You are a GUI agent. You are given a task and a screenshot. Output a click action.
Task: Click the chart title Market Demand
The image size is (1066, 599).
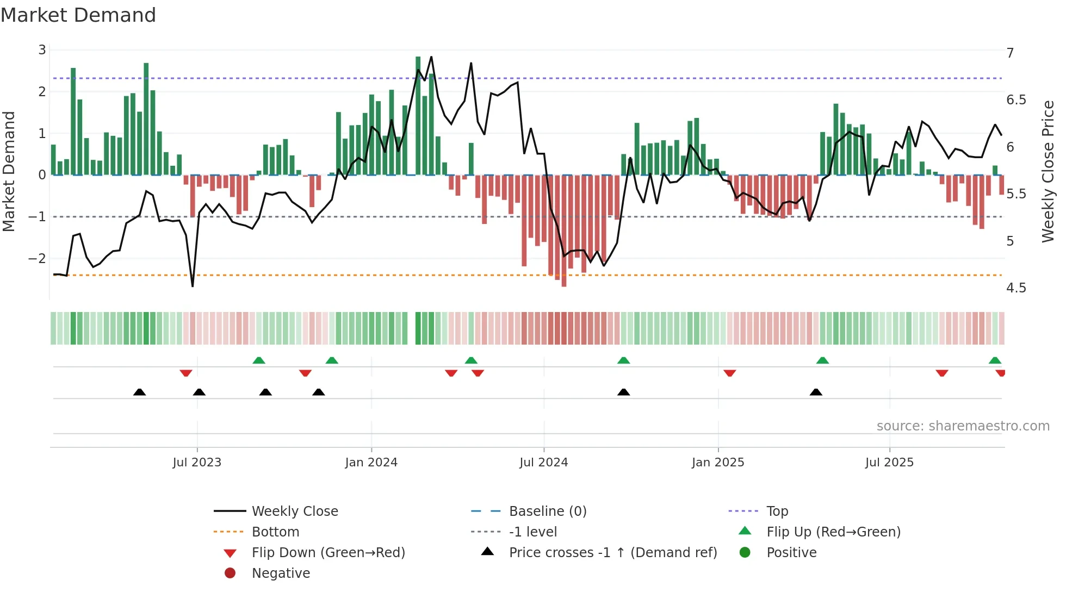pyautogui.click(x=78, y=15)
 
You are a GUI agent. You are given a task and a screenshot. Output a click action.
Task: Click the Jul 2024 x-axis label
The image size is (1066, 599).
pyautogui.click(x=543, y=463)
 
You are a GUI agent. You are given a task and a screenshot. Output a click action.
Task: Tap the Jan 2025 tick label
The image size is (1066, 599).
pyautogui.click(x=717, y=463)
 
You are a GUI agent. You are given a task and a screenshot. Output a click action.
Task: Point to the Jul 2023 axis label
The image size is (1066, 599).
pyautogui.click(x=197, y=463)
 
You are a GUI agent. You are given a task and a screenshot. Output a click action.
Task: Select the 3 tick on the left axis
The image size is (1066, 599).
pyautogui.click(x=42, y=50)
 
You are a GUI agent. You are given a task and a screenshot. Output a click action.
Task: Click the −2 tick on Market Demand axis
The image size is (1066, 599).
pyautogui.click(x=38, y=258)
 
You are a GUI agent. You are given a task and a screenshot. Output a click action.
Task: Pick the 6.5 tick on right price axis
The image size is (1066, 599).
pyautogui.click(x=1015, y=100)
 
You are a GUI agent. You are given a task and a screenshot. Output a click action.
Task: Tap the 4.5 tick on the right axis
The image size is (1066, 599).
pyautogui.click(x=1015, y=288)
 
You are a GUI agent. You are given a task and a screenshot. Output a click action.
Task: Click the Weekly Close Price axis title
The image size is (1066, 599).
pyautogui.click(x=1048, y=171)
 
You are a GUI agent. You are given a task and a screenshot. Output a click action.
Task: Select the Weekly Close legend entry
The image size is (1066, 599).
pyautogui.click(x=294, y=511)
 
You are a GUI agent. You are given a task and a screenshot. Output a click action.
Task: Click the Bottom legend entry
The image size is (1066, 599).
pyautogui.click(x=275, y=532)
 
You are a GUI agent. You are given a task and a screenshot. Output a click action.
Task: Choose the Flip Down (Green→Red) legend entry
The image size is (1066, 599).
pyautogui.click(x=328, y=552)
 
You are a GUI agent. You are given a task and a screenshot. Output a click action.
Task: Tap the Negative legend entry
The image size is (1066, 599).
pyautogui.click(x=281, y=573)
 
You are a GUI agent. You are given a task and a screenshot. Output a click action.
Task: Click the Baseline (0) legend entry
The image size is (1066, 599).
pyautogui.click(x=547, y=511)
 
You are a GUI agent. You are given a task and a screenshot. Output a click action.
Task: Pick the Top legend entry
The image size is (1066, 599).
pyautogui.click(x=777, y=511)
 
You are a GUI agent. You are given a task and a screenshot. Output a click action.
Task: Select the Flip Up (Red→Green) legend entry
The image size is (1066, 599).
pyautogui.click(x=833, y=532)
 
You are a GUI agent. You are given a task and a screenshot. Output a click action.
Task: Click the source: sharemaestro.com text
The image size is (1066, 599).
pyautogui.click(x=963, y=426)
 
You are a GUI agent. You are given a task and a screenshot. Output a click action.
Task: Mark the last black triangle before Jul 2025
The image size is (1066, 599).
pyautogui.click(x=816, y=392)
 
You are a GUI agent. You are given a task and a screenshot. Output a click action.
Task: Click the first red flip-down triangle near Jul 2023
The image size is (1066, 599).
pyautogui.click(x=186, y=373)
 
